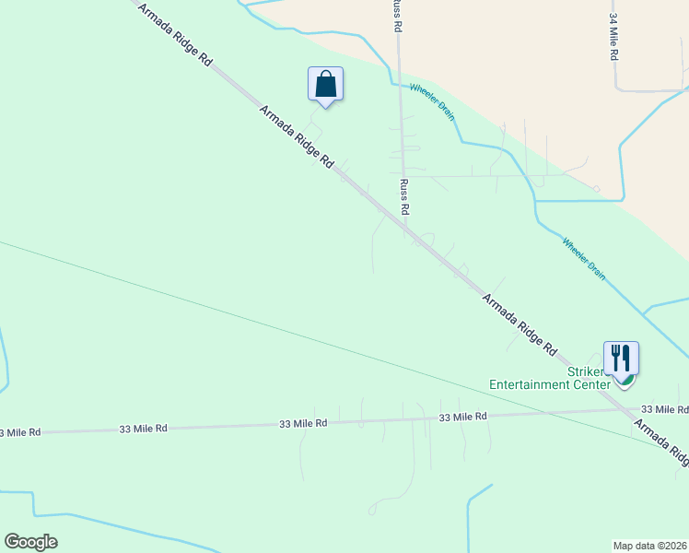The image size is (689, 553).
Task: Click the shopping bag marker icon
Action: (325, 84)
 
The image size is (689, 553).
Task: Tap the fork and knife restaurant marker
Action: (621, 359)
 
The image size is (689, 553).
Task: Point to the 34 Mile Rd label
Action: (613, 38)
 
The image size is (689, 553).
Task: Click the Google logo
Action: (30, 542)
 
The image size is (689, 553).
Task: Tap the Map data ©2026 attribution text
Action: (649, 545)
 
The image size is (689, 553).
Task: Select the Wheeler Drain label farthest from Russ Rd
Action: (584, 259)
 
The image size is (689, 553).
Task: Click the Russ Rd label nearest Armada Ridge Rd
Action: (403, 197)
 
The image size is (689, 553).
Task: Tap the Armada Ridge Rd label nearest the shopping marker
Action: (296, 136)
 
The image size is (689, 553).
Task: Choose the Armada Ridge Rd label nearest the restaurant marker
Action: (520, 324)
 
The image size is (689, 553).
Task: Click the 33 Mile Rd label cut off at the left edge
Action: (20, 431)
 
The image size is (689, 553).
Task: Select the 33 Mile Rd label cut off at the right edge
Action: (664, 408)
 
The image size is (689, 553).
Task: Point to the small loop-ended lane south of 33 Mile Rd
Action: (372, 508)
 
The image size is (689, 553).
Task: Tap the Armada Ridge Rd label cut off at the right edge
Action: (661, 444)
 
